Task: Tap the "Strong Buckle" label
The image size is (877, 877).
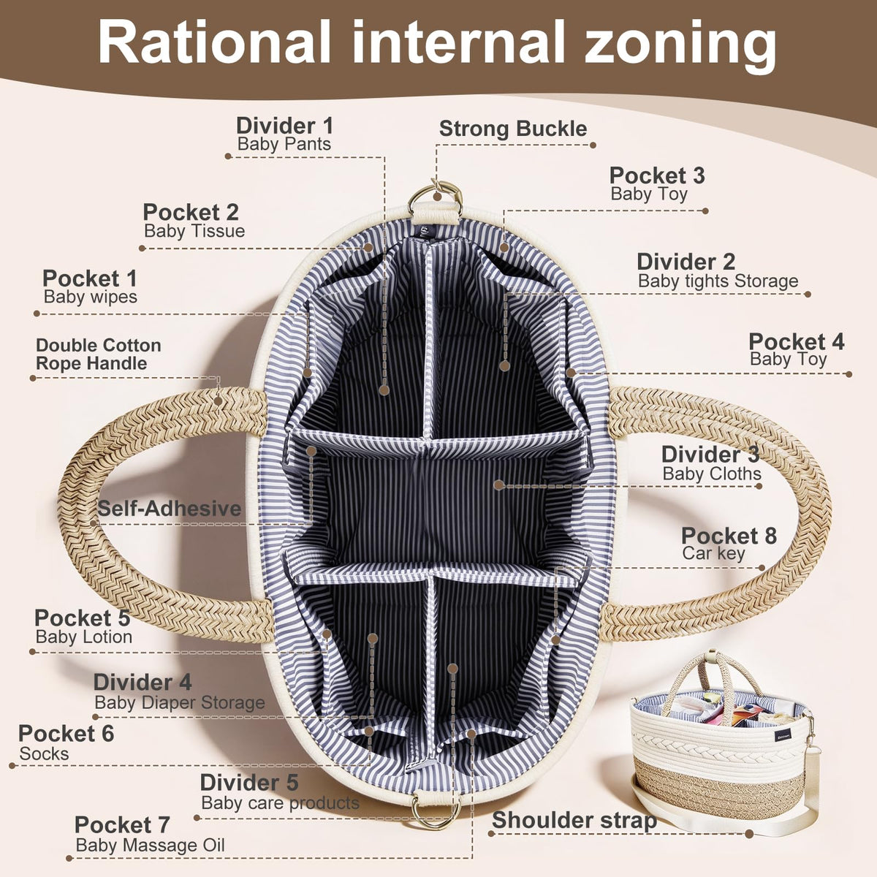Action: pos(513,129)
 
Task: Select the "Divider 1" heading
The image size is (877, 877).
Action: pos(284,126)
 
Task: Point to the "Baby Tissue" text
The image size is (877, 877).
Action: pos(194,231)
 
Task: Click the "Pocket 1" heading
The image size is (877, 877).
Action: pos(90,278)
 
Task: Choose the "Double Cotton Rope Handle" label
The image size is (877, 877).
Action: pos(99,354)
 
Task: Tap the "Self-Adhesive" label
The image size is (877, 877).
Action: pos(170,509)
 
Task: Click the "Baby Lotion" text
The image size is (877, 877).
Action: pos(84,637)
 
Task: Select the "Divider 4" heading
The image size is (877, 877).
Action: pos(143,682)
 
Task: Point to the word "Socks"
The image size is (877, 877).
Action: pos(44,753)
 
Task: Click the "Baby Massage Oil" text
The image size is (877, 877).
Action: pos(151,845)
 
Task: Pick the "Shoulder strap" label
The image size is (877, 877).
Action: pos(574,821)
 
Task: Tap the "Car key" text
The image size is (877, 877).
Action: pos(713,553)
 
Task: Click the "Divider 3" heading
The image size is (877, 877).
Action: pos(710,454)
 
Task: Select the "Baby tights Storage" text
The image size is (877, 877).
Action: pos(718,281)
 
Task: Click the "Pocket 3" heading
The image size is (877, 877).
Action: pos(657,175)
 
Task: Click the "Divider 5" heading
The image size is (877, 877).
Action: pos(249,782)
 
